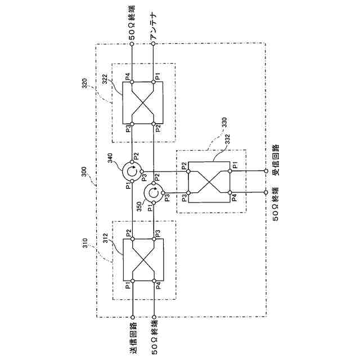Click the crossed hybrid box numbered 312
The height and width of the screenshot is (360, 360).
point(143,259)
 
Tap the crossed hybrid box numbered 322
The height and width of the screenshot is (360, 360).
point(143,102)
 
